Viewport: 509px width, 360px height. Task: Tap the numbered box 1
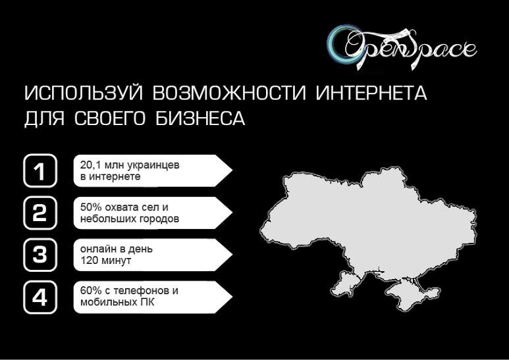40,171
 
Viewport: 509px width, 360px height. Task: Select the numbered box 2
40,213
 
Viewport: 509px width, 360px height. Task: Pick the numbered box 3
40,255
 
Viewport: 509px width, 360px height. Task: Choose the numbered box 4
40,297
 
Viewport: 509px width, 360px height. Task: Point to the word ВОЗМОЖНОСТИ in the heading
227,93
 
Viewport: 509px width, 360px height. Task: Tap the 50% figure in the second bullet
90,207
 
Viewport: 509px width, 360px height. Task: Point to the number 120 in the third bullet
89,261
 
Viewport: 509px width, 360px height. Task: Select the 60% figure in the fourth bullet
90,291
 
